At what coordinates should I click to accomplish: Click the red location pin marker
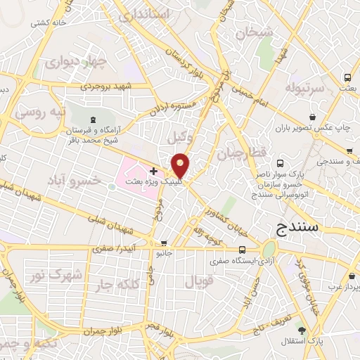tap(181, 165)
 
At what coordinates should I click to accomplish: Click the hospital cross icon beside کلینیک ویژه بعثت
tap(154, 171)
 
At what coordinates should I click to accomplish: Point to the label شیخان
tap(255, 32)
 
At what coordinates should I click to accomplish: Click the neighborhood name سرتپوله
tap(304, 87)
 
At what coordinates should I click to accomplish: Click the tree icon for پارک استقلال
tap(301, 330)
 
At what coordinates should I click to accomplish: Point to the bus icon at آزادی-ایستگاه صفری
tap(242, 250)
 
